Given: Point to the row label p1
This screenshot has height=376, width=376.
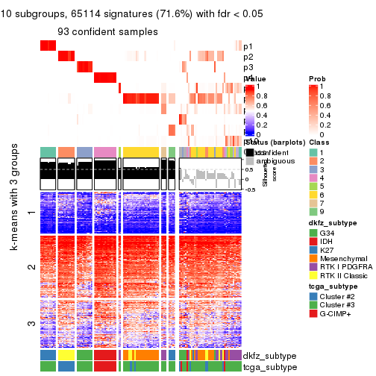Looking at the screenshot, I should point(248,46).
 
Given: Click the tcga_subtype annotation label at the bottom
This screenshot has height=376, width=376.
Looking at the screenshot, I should point(265,366).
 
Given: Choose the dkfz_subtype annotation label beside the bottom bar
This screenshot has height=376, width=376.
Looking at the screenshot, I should point(265,356).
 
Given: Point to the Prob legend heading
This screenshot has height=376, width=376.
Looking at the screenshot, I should point(317,78).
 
